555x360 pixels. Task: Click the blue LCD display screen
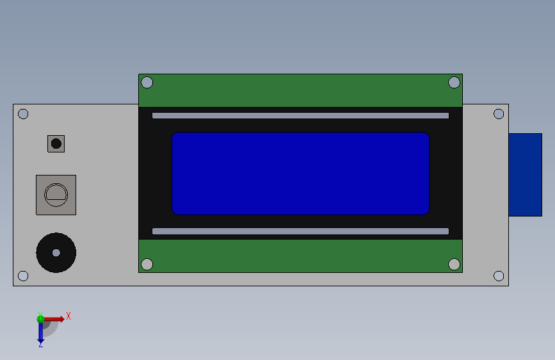(x=300, y=174)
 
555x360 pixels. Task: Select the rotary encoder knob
(x=56, y=194)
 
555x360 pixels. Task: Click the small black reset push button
(x=56, y=143)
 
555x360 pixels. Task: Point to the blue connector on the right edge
(x=525, y=174)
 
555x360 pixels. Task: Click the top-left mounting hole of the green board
(x=147, y=83)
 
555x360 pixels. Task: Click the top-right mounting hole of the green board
(x=454, y=82)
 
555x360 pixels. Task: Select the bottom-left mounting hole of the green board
(x=147, y=265)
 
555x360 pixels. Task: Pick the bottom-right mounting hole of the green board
(x=454, y=265)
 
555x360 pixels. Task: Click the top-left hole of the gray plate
(x=23, y=114)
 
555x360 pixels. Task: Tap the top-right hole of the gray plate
(x=499, y=114)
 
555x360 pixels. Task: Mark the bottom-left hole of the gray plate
(x=23, y=276)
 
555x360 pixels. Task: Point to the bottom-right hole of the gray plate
(x=499, y=276)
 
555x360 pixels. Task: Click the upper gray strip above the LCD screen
(x=300, y=116)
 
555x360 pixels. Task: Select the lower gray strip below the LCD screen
(x=300, y=231)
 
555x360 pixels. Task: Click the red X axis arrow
(x=55, y=319)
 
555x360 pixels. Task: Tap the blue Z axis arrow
(x=40, y=331)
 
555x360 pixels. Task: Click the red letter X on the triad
(x=68, y=316)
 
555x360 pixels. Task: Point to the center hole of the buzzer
(x=56, y=253)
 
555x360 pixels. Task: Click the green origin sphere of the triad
(x=40, y=318)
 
